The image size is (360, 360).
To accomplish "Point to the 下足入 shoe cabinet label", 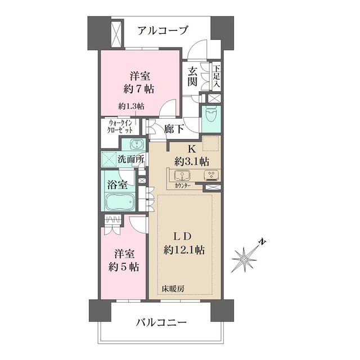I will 216,76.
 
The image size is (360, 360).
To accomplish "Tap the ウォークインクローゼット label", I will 121,127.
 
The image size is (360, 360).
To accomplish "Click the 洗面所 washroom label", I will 130,159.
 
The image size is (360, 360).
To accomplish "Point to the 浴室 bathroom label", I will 118,184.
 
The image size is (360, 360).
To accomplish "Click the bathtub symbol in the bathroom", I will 119,201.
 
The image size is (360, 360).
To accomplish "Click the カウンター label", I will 182,185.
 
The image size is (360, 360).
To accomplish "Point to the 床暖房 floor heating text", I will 173,289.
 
